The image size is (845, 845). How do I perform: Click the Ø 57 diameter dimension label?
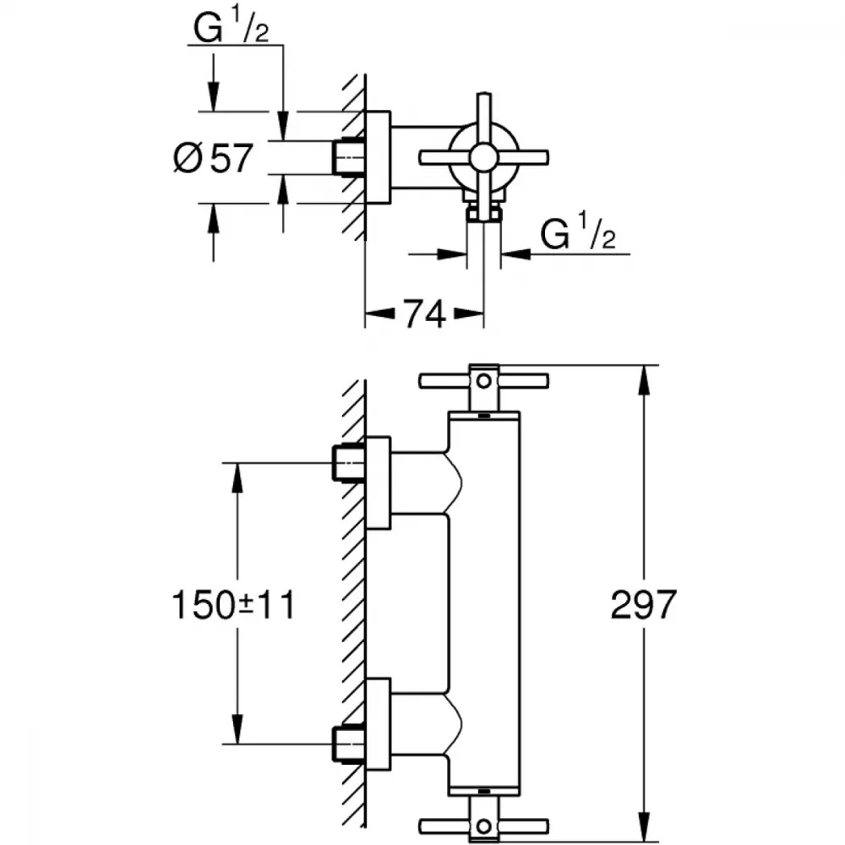[214, 158]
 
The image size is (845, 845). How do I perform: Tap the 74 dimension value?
[425, 314]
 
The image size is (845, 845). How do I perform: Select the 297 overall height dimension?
[643, 604]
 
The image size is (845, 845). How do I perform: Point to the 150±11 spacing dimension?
[233, 604]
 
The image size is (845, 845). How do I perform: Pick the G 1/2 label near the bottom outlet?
[578, 233]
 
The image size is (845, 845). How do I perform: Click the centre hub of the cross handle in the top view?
[484, 157]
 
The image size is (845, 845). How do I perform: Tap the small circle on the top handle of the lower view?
[484, 381]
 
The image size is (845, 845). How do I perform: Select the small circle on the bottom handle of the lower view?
[484, 826]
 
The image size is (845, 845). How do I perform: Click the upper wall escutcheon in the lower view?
[378, 482]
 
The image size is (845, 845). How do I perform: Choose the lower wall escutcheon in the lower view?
[378, 725]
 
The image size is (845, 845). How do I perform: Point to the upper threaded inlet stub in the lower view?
[349, 463]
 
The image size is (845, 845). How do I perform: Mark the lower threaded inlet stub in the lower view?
[349, 744]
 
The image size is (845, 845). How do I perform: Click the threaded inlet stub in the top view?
[349, 157]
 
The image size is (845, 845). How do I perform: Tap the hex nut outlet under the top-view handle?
[484, 213]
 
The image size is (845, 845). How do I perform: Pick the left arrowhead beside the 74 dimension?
[380, 313]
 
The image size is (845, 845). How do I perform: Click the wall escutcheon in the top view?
[378, 157]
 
